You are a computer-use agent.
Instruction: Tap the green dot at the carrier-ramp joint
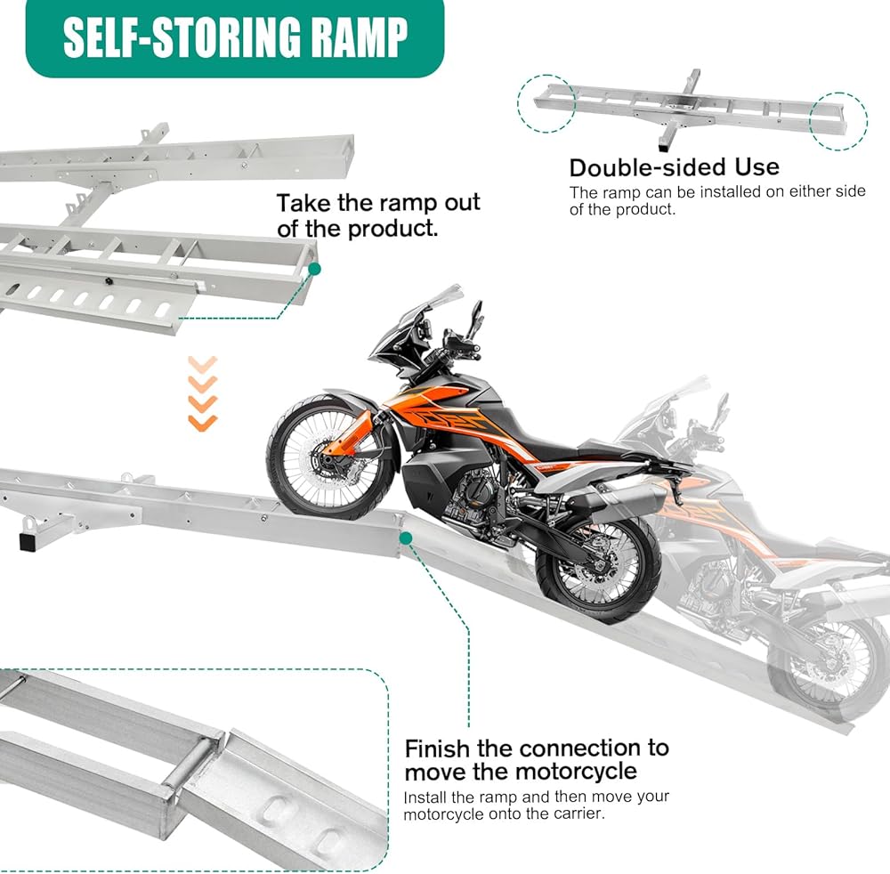406,538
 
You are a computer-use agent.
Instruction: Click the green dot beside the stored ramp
314,267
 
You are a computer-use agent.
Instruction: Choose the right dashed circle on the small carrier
838,119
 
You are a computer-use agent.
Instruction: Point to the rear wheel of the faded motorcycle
819,659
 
